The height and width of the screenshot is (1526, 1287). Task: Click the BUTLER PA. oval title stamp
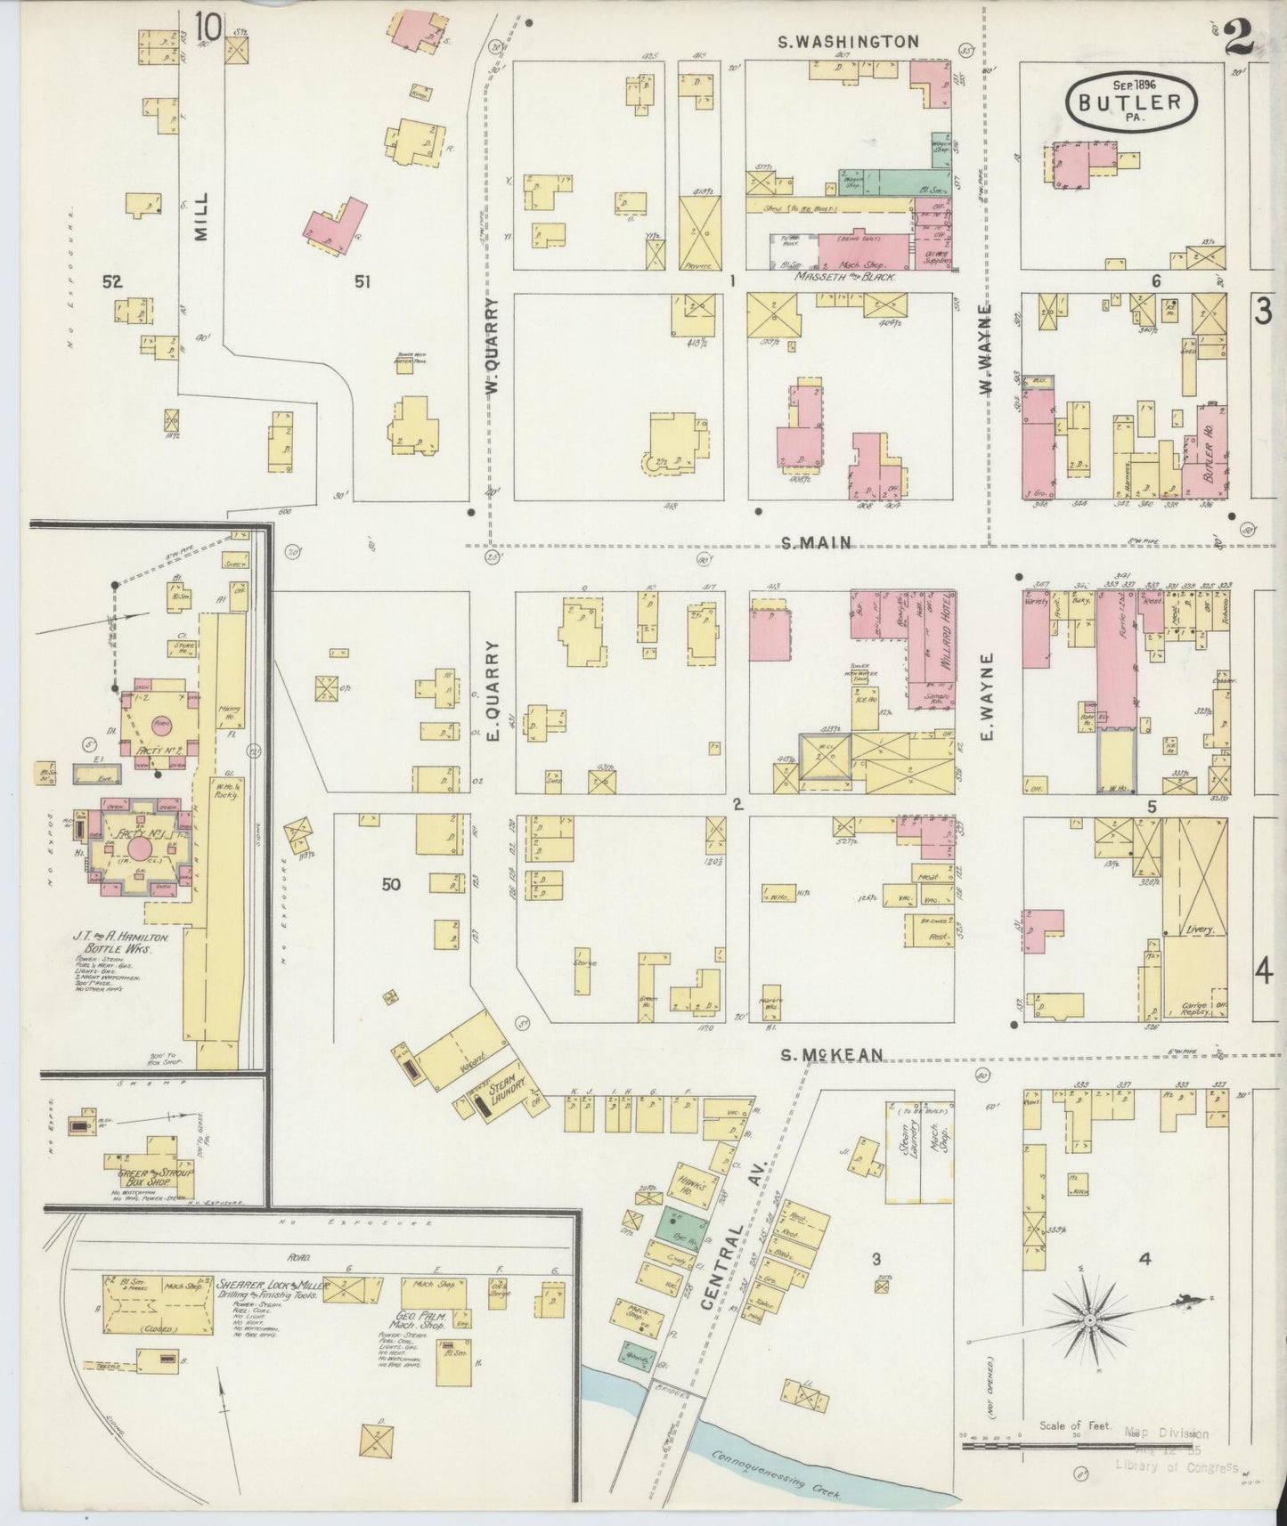[1129, 101]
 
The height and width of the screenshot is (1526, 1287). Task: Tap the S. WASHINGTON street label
[847, 41]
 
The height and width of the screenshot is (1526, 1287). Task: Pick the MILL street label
[201, 215]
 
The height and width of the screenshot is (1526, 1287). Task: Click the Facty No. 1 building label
[128, 836]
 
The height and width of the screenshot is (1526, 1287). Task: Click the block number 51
[362, 281]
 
